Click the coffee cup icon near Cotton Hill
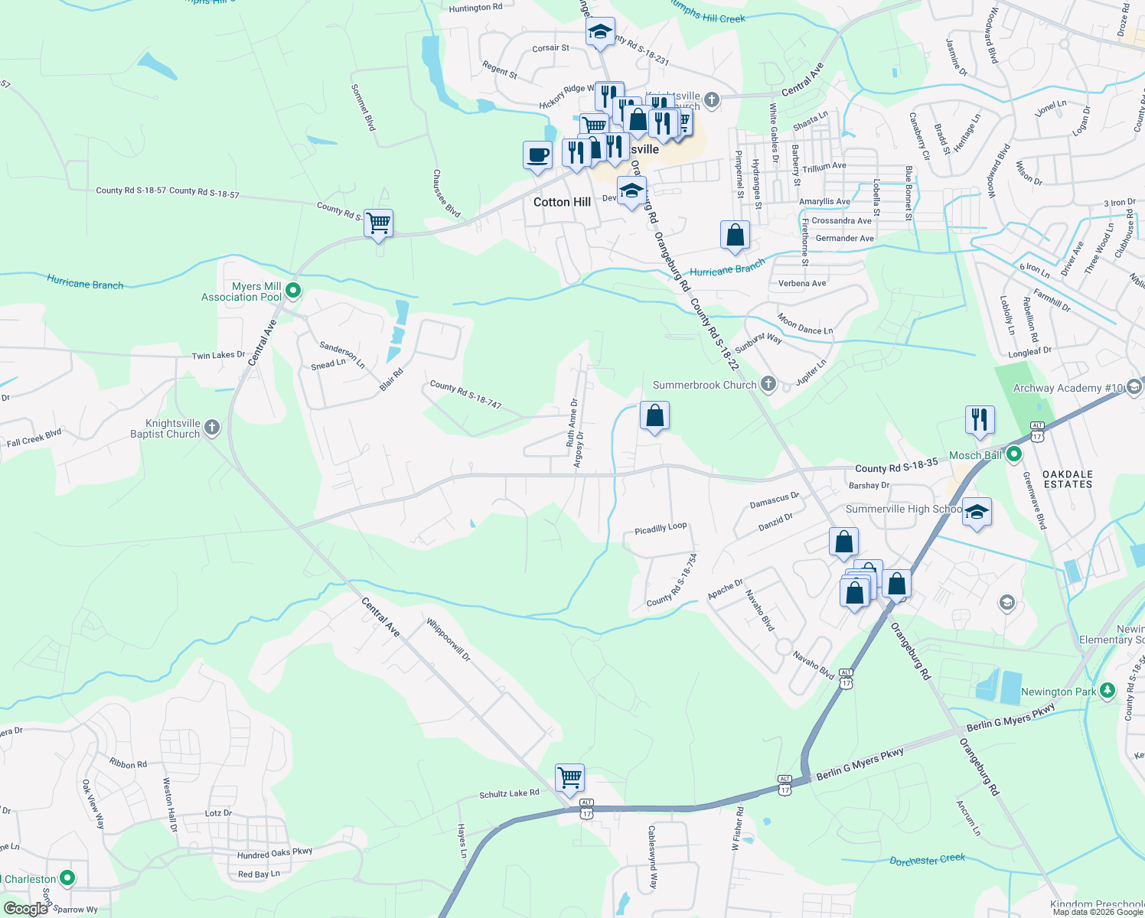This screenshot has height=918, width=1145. point(538,155)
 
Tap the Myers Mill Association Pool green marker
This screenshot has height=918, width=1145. point(293,291)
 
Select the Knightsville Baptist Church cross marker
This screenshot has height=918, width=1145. point(212,428)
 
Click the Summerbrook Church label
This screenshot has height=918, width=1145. point(704,385)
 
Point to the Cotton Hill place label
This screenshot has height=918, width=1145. point(562,202)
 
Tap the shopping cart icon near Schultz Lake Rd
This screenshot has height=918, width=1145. point(570,778)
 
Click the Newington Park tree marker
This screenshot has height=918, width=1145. point(1107,691)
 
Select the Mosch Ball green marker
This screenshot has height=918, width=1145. point(1014,455)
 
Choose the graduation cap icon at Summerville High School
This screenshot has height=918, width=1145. point(977,512)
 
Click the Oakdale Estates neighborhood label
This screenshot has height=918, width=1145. point(1068,479)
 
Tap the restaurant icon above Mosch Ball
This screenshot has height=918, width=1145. point(980,420)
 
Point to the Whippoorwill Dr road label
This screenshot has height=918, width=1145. point(449,640)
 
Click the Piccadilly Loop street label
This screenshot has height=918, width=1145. point(661,529)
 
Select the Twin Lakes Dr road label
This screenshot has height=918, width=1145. point(218,355)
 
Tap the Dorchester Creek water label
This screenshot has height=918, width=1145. point(928,861)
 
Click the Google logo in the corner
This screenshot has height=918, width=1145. point(25,908)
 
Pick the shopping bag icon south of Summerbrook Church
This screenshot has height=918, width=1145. point(654,416)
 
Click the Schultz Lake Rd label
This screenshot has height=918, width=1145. point(509,794)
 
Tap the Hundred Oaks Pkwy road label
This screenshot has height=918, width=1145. point(275,853)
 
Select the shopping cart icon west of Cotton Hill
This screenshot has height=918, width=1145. point(379,223)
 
